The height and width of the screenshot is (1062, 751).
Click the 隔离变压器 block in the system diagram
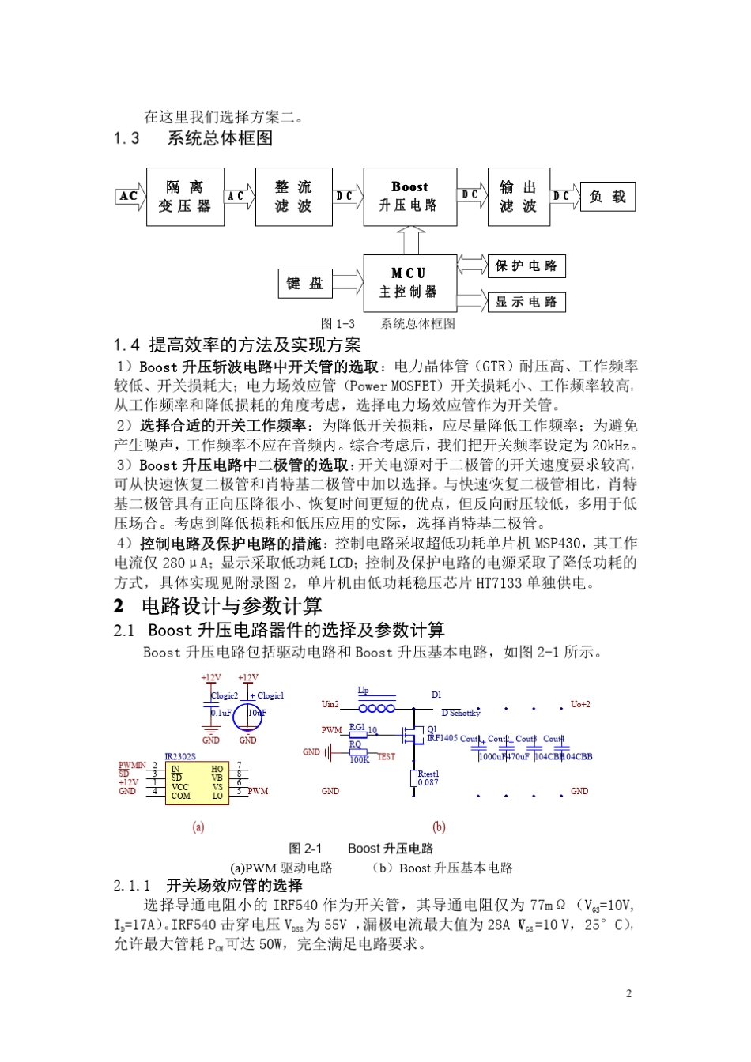pyautogui.click(x=185, y=197)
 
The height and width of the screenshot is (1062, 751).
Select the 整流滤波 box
pyautogui.click(x=293, y=197)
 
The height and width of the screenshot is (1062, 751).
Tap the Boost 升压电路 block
pyautogui.click(x=409, y=197)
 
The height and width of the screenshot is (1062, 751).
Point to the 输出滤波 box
pyautogui.click(x=518, y=197)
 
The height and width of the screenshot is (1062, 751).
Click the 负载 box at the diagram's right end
pyautogui.click(x=607, y=197)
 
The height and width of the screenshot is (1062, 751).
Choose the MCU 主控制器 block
pyautogui.click(x=409, y=283)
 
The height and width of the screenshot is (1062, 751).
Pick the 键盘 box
pyautogui.click(x=305, y=284)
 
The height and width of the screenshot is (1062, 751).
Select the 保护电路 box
pyautogui.click(x=526, y=266)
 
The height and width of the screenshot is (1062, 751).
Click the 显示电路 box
pyautogui.click(x=526, y=302)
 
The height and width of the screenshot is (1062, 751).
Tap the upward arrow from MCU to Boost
pyautogui.click(x=410, y=239)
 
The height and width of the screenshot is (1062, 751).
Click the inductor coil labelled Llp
pyautogui.click(x=377, y=709)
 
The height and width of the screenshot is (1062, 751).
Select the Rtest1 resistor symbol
pyautogui.click(x=413, y=778)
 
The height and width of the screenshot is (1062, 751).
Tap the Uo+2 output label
pyautogui.click(x=580, y=704)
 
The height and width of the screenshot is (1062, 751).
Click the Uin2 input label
pyautogui.click(x=330, y=704)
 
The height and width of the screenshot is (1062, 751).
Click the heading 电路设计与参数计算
pyautogui.click(x=232, y=606)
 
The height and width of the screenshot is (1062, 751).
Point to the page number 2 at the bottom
pyautogui.click(x=628, y=994)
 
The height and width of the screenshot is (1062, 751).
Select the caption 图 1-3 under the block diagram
pyautogui.click(x=338, y=324)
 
